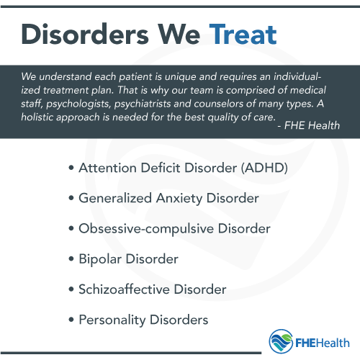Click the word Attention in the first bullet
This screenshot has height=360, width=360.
tap(104, 168)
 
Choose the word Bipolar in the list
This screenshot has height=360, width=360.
tap(99, 258)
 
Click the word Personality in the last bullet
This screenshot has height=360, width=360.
tap(112, 319)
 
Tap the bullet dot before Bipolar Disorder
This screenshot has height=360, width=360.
tap(71, 258)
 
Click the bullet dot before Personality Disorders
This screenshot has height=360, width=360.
tap(71, 319)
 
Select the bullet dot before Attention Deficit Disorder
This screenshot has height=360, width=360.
tap(71, 168)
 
